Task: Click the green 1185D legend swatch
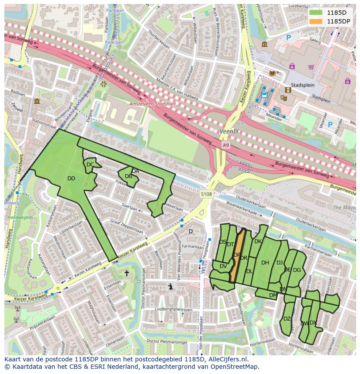(x=316, y=12)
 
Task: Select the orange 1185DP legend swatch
(x=316, y=21)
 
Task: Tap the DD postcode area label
(x=71, y=179)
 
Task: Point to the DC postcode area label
(x=90, y=165)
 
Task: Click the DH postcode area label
(x=265, y=262)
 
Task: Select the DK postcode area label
(x=258, y=242)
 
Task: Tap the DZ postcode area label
(x=287, y=319)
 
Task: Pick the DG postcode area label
(x=297, y=270)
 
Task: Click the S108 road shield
(x=207, y=194)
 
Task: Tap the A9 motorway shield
(x=225, y=145)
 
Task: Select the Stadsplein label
(x=303, y=85)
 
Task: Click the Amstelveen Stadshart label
(x=147, y=104)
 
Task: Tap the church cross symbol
(x=127, y=273)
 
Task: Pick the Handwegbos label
(x=14, y=207)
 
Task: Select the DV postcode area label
(x=223, y=266)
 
